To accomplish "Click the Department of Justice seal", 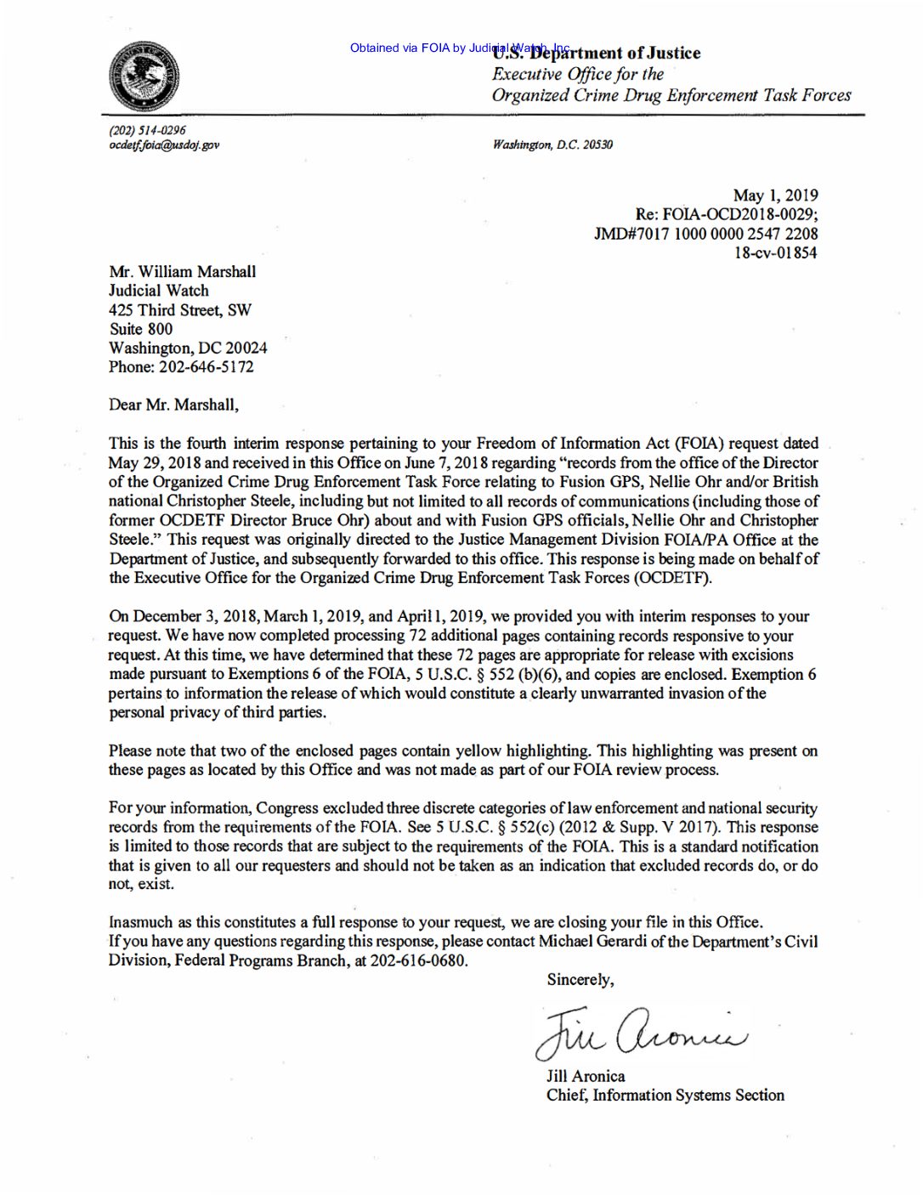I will [x=144, y=76].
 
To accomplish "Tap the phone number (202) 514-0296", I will [x=147, y=130].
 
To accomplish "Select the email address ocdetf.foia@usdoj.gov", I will [x=164, y=144].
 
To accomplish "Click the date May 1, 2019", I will [x=775, y=195].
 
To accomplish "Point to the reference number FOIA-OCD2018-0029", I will [x=739, y=214].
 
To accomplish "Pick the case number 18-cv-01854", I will [x=775, y=252].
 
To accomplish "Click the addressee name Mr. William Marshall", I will [x=182, y=272].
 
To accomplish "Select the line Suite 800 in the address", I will [x=140, y=329].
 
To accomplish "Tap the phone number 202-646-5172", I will [x=206, y=367].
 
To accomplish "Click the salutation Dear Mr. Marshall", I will [x=173, y=405].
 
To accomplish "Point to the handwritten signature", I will [x=641, y=1030].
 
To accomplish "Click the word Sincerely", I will [x=580, y=980].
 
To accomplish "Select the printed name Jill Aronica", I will [x=586, y=1076].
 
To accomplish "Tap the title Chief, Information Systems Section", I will [x=665, y=1095].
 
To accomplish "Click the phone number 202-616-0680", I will [x=418, y=960].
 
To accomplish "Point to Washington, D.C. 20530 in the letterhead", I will [x=552, y=144].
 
